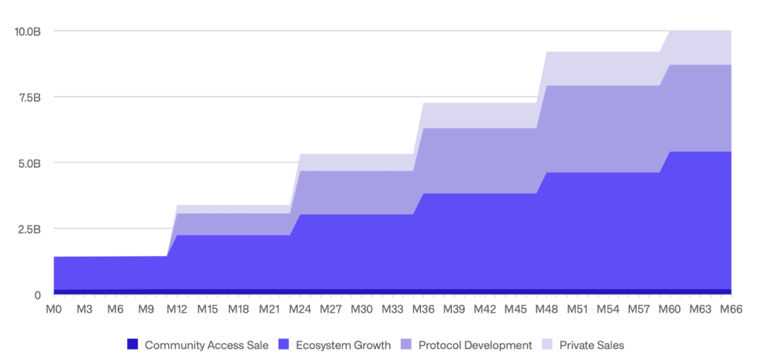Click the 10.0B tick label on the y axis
tap(27, 31)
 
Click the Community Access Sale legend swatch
tap(133, 345)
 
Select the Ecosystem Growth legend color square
tap(284, 345)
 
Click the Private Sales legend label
tap(591, 345)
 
